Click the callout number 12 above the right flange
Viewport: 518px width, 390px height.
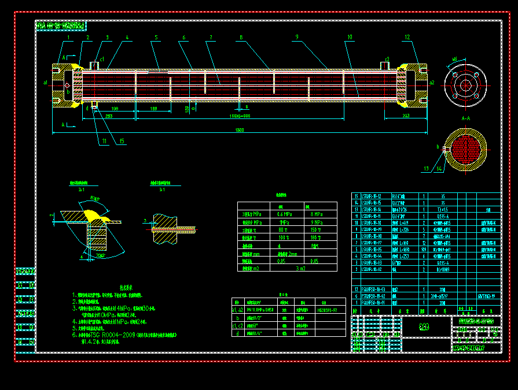[x=407, y=38]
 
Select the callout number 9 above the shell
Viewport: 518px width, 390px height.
[x=296, y=38]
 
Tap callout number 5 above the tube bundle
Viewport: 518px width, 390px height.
[x=156, y=38]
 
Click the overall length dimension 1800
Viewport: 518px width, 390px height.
[x=240, y=130]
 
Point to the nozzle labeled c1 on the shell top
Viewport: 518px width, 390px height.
[x=102, y=59]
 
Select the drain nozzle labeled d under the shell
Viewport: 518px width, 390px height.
[x=87, y=107]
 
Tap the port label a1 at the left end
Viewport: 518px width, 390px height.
[x=46, y=83]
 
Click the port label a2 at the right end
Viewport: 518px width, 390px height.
[x=432, y=83]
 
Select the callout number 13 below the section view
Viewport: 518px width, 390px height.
[x=427, y=169]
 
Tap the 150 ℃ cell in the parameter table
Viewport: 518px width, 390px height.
[x=315, y=229]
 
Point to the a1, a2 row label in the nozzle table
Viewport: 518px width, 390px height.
[x=237, y=310]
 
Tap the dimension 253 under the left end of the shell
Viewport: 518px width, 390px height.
[x=109, y=116]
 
